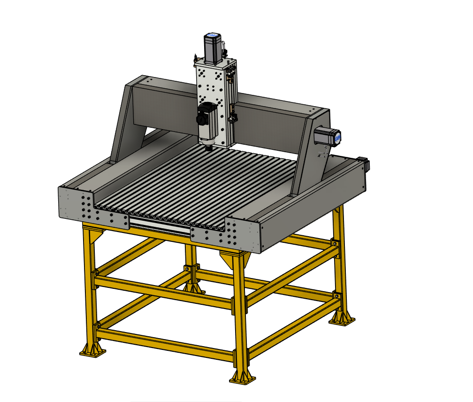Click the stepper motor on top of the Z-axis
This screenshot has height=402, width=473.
[x=212, y=48]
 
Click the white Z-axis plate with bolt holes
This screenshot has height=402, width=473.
[x=208, y=85]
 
